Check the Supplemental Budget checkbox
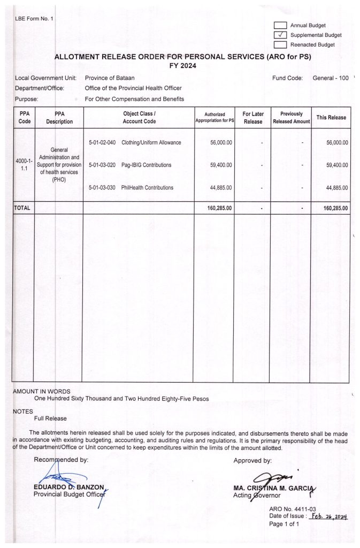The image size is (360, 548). pos(280,35)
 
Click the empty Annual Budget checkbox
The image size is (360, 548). pos(280,25)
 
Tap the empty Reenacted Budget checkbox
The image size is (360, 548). pos(280,45)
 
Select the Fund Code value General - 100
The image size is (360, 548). pos(330,78)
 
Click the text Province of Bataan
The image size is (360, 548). pos(110,78)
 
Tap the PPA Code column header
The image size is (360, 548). pos(24,118)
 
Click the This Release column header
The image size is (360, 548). pos(331,118)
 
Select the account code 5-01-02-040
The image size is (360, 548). pos(102,143)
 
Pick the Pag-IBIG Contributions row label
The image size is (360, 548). pos(147,165)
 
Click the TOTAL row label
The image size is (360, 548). pos(22,207)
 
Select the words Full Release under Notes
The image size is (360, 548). pos(51,418)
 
